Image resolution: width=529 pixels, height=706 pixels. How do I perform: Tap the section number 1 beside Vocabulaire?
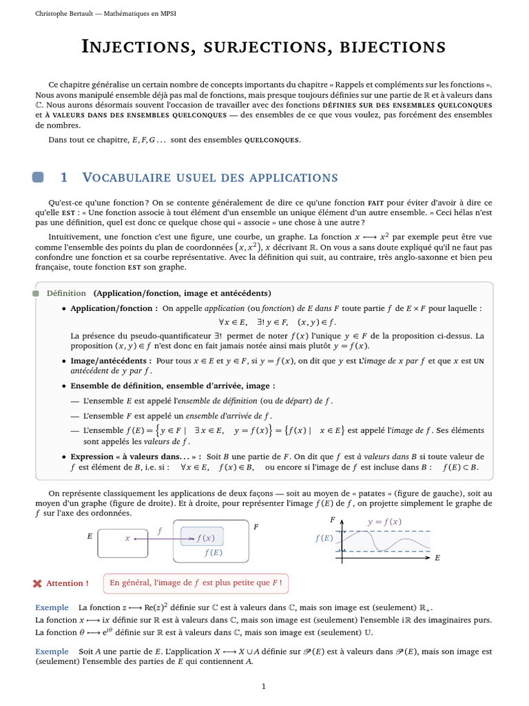64,177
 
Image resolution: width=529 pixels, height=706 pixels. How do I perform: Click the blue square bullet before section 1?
39,177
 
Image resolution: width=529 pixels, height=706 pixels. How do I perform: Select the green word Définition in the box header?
66,293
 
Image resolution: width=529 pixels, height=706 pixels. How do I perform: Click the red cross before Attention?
37,583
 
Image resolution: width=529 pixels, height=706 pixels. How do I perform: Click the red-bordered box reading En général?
196,583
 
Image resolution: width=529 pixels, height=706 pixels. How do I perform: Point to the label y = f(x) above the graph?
384,521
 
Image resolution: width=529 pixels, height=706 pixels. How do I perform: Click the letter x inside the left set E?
127,538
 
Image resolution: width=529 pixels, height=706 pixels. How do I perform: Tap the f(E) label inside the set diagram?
213,552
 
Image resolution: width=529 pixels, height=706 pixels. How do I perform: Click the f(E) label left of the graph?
324,538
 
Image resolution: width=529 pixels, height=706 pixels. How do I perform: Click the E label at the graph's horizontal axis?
437,557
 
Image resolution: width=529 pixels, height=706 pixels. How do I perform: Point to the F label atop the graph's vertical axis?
332,519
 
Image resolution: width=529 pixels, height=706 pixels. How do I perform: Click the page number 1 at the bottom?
264,687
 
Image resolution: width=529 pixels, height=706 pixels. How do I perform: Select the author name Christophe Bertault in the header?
63,14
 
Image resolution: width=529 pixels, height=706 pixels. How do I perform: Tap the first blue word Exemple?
52,607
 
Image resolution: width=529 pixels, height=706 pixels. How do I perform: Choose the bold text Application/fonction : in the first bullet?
114,308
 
